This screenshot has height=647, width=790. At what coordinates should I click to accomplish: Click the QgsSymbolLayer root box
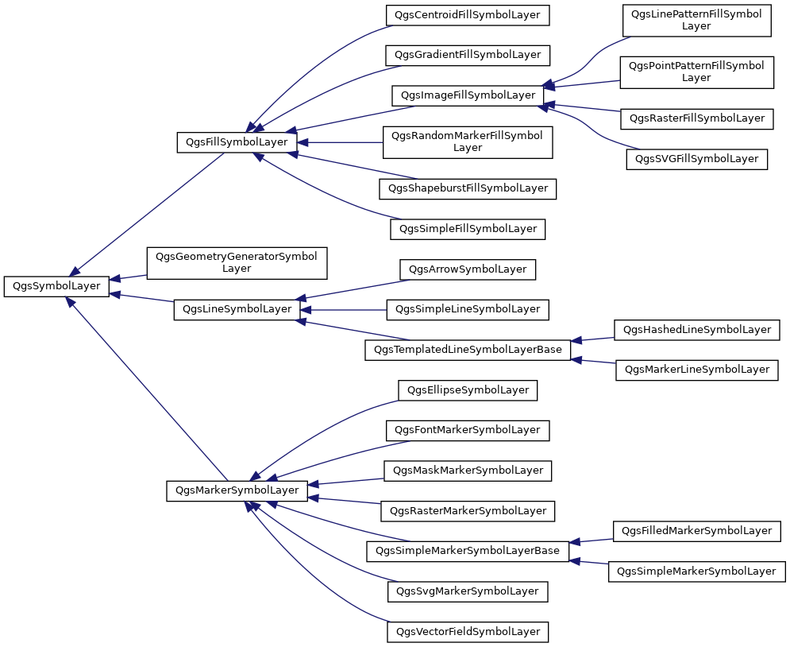tap(56, 286)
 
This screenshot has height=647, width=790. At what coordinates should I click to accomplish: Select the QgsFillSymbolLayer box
tap(237, 142)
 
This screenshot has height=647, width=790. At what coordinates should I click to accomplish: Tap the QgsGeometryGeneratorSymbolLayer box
tap(237, 263)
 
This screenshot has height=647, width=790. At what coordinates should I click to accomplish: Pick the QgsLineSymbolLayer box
tap(237, 309)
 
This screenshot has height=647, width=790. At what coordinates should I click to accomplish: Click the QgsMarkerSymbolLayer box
tap(237, 490)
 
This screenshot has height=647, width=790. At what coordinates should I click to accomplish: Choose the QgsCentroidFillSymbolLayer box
tap(468, 15)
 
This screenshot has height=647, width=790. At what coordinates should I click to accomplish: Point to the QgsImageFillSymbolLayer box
tap(468, 96)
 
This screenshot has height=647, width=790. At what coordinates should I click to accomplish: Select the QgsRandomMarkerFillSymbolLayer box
tap(468, 142)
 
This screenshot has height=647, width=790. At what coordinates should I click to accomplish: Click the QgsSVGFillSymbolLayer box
tap(697, 159)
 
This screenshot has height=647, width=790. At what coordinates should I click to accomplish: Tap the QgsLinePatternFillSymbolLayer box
tap(697, 21)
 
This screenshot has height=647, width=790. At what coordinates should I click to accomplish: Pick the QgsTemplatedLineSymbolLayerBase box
tap(468, 350)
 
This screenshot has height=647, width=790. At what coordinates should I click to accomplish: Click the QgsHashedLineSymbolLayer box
tap(697, 330)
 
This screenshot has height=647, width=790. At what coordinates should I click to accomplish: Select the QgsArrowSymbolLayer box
tap(468, 269)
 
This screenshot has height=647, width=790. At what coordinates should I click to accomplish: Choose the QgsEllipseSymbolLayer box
tap(468, 390)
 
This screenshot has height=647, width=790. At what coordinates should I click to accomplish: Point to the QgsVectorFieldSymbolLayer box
tap(468, 632)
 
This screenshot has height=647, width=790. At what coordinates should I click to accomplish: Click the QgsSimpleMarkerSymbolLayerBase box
tap(468, 551)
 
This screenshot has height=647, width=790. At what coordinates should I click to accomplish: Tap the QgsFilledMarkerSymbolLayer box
tap(697, 531)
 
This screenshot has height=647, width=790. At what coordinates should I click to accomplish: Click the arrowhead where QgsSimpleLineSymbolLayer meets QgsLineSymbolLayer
tap(305, 310)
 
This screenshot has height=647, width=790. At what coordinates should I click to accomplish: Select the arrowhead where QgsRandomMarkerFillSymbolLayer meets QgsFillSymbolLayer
tap(302, 143)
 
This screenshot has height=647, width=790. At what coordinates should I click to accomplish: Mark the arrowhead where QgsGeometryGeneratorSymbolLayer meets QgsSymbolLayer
tap(114, 278)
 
